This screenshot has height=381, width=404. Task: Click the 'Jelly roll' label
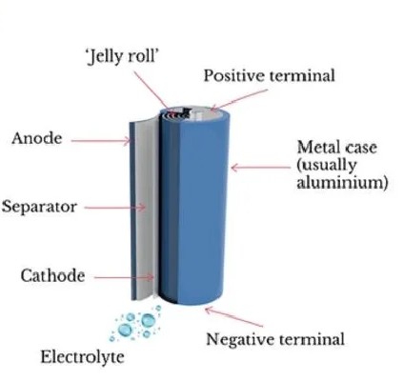tap(123, 57)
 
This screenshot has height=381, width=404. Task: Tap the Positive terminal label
tap(270, 76)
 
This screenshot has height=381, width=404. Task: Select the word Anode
tap(37, 138)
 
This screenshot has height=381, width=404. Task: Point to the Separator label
tap(39, 207)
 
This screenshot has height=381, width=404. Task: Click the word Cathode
tap(52, 275)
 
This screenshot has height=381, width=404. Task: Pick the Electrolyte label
tap(82, 357)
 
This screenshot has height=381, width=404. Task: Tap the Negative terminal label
tap(275, 339)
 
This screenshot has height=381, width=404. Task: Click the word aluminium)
tap(342, 183)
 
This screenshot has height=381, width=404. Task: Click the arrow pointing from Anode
tap(100, 141)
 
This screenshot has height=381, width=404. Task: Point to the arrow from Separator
tap(115, 208)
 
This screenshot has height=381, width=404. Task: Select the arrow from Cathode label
tap(124, 277)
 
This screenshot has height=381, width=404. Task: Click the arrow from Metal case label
tap(261, 168)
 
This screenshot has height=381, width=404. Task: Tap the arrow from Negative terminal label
tap(234, 316)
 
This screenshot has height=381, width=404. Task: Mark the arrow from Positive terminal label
tap(239, 100)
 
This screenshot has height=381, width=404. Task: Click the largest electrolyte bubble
tap(148, 320)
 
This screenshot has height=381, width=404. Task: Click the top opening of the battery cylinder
tap(194, 115)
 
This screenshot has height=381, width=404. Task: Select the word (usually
tap(326, 166)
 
